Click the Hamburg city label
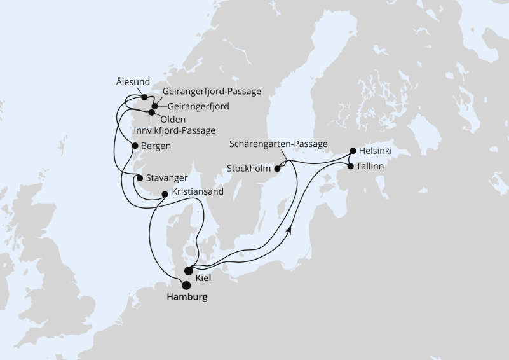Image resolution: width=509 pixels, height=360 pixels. (x=187, y=297)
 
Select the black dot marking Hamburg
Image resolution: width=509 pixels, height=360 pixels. (x=186, y=286)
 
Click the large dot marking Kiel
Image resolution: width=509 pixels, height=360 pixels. (x=189, y=270)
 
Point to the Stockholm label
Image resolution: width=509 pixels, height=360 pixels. (x=249, y=169)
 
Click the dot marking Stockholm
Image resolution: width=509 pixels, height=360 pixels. (x=277, y=169)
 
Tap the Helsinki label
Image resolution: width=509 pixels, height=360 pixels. (x=376, y=151)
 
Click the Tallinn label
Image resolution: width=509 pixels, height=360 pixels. (x=372, y=166)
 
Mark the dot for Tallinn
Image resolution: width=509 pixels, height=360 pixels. (x=350, y=166)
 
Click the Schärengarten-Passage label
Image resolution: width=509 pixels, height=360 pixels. (x=280, y=144)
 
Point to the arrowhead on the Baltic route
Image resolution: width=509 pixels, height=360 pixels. (x=290, y=228)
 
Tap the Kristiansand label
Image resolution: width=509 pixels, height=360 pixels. (x=199, y=193)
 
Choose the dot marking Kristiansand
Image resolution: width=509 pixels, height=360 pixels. (x=165, y=193)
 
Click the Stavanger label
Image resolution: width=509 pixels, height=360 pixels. (x=167, y=178)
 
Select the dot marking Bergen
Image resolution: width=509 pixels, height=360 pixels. (x=135, y=146)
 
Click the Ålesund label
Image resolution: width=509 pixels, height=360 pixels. (x=133, y=82)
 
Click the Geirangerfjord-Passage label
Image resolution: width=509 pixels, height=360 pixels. (x=212, y=92)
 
